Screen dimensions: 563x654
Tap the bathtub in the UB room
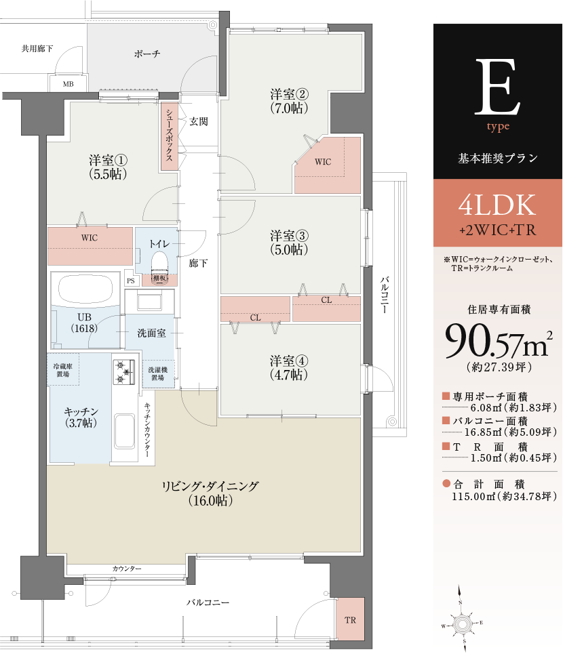click(x=86, y=289)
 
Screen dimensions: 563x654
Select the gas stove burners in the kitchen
click(x=124, y=371)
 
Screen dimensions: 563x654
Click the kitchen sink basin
click(x=124, y=431)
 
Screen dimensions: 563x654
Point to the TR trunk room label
click(x=351, y=620)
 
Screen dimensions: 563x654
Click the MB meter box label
click(x=68, y=84)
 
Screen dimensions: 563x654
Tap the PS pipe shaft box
click(x=131, y=281)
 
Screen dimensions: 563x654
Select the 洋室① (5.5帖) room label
click(x=108, y=167)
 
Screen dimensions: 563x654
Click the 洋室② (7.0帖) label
click(x=289, y=101)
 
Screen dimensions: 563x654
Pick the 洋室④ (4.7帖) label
click(x=289, y=367)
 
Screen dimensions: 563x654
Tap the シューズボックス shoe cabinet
click(x=170, y=137)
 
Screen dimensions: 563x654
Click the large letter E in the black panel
click(x=497, y=87)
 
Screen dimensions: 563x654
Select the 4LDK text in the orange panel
click(x=497, y=205)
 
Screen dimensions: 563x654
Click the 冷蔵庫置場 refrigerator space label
click(x=63, y=370)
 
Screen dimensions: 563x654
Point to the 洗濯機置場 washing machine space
click(x=158, y=373)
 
